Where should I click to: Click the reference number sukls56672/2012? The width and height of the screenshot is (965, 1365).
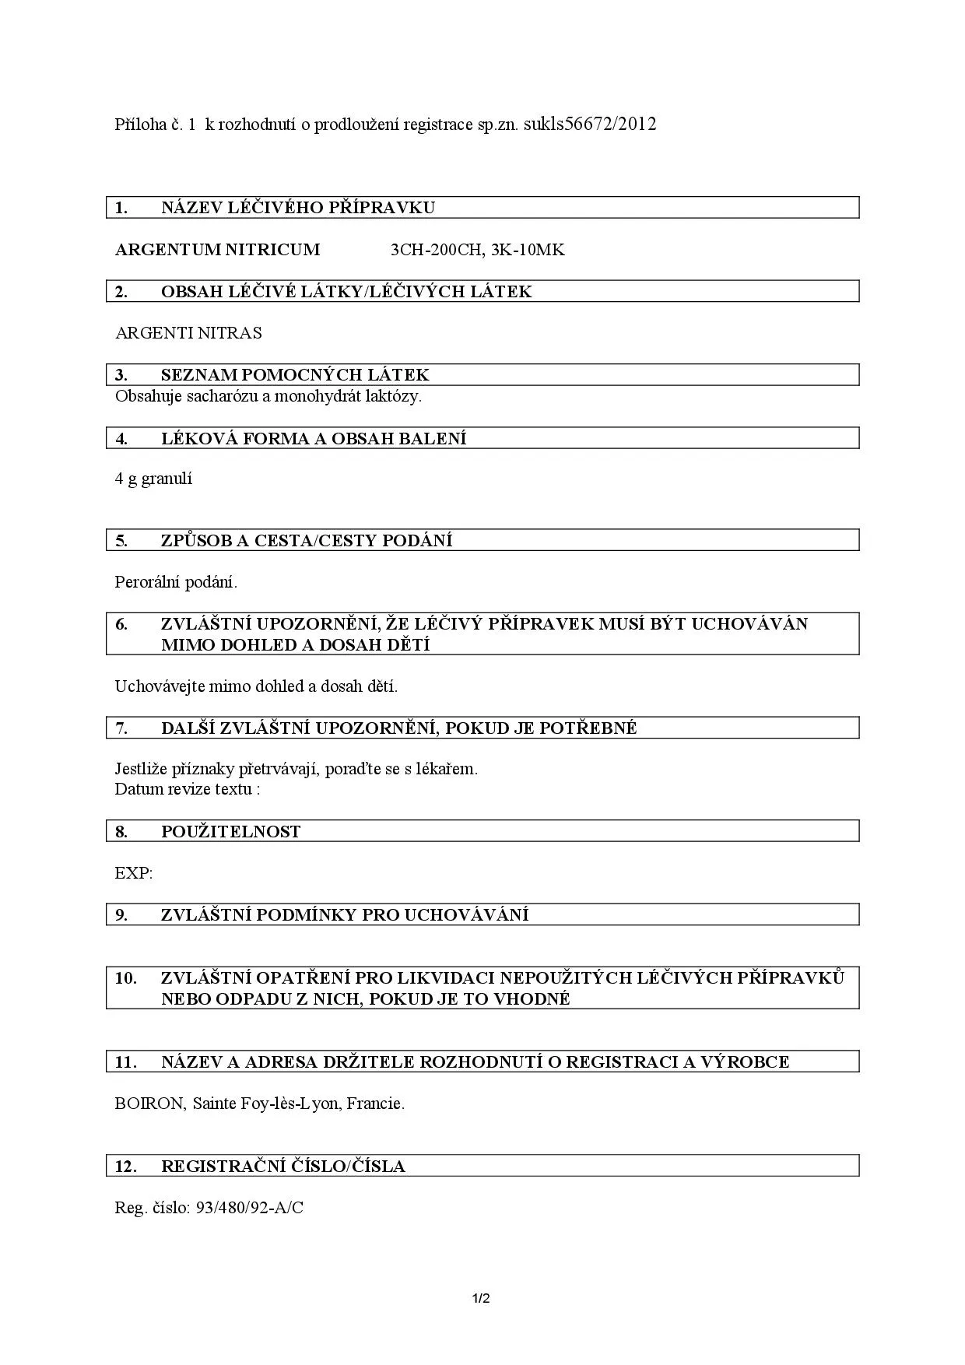[x=590, y=124]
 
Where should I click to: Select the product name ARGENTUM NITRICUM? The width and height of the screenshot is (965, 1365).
[x=217, y=250]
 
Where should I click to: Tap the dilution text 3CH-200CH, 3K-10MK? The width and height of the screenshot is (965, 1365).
[x=477, y=250]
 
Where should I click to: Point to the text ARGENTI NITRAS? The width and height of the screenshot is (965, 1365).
[x=188, y=333]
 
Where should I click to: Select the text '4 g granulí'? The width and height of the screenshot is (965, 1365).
[x=153, y=479]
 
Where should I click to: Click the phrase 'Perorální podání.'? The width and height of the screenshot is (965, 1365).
[x=176, y=582]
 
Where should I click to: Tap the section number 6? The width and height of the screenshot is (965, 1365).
[x=121, y=624]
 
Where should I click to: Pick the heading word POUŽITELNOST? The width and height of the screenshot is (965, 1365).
[x=230, y=832]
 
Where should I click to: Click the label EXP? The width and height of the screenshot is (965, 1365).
[x=134, y=873]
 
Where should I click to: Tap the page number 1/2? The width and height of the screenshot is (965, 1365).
[x=481, y=1298]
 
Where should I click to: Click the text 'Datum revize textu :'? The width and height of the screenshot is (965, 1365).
[x=187, y=789]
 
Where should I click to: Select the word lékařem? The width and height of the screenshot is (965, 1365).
[x=447, y=769]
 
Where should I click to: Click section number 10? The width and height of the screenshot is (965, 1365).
[x=125, y=978]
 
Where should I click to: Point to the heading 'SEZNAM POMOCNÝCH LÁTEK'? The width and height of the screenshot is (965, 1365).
[x=295, y=375]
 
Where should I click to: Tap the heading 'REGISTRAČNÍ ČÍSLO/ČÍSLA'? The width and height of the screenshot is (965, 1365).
[x=282, y=1167]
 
